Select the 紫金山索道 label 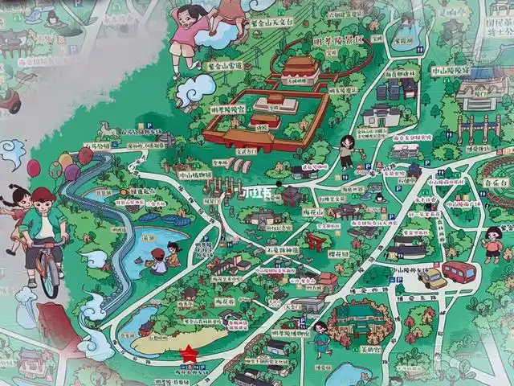point(224,66)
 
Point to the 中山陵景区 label point(450,70)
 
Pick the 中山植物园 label point(195,174)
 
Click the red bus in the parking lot point(459,272)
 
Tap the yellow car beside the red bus point(432,277)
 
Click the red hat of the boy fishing point(157,253)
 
